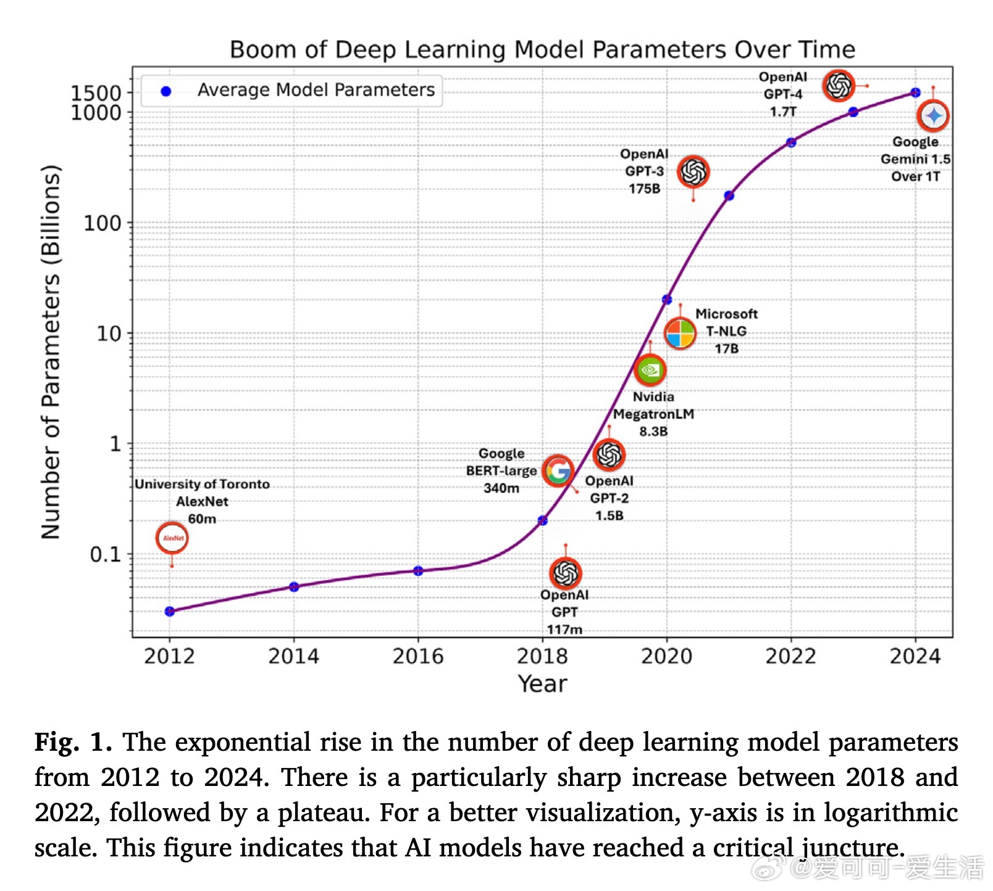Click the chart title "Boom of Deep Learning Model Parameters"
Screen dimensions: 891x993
[542, 49]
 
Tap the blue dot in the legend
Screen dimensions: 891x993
[165, 91]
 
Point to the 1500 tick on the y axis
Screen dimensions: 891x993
[96, 93]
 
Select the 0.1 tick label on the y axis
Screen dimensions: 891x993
[106, 554]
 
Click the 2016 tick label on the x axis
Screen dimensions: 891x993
[418, 656]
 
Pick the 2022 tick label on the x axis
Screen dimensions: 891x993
[790, 656]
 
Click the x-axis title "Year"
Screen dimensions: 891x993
[542, 684]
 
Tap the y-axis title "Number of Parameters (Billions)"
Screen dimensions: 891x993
[51, 352]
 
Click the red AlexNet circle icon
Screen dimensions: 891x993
[172, 538]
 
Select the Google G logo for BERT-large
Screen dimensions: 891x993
[558, 471]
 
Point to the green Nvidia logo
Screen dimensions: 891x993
[650, 370]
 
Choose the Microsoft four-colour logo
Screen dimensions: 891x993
[680, 334]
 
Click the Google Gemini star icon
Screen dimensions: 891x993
[932, 116]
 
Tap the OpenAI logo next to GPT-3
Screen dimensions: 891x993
[693, 172]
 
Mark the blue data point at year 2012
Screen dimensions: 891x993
[170, 612]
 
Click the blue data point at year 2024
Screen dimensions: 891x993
[915, 93]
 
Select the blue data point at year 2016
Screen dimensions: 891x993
[418, 571]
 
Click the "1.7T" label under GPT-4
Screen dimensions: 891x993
[783, 112]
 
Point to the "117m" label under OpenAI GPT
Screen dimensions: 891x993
[564, 629]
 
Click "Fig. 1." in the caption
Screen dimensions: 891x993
[73, 741]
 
